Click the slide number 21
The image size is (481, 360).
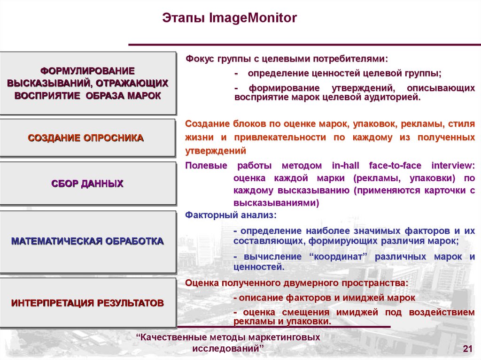tap(467, 348)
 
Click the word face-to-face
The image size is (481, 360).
tap(396, 166)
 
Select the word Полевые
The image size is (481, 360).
tap(206, 166)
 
